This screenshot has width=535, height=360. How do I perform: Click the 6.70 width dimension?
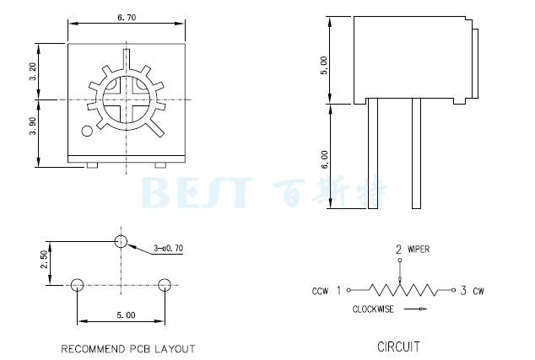[x=127, y=18]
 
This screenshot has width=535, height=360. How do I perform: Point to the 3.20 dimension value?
[x=33, y=72]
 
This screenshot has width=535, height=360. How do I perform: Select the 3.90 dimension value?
[x=33, y=126]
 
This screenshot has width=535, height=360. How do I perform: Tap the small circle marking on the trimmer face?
[x=87, y=132]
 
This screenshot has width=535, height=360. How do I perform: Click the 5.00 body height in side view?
[x=324, y=65]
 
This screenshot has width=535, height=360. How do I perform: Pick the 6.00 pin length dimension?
[x=324, y=159]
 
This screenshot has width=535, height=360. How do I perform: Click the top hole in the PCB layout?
[x=122, y=241]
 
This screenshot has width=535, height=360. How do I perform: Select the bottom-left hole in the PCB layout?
[x=77, y=285]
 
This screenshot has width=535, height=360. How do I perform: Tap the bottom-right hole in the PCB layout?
[x=165, y=285]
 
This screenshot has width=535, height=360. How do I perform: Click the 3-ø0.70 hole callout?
[x=168, y=248]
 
